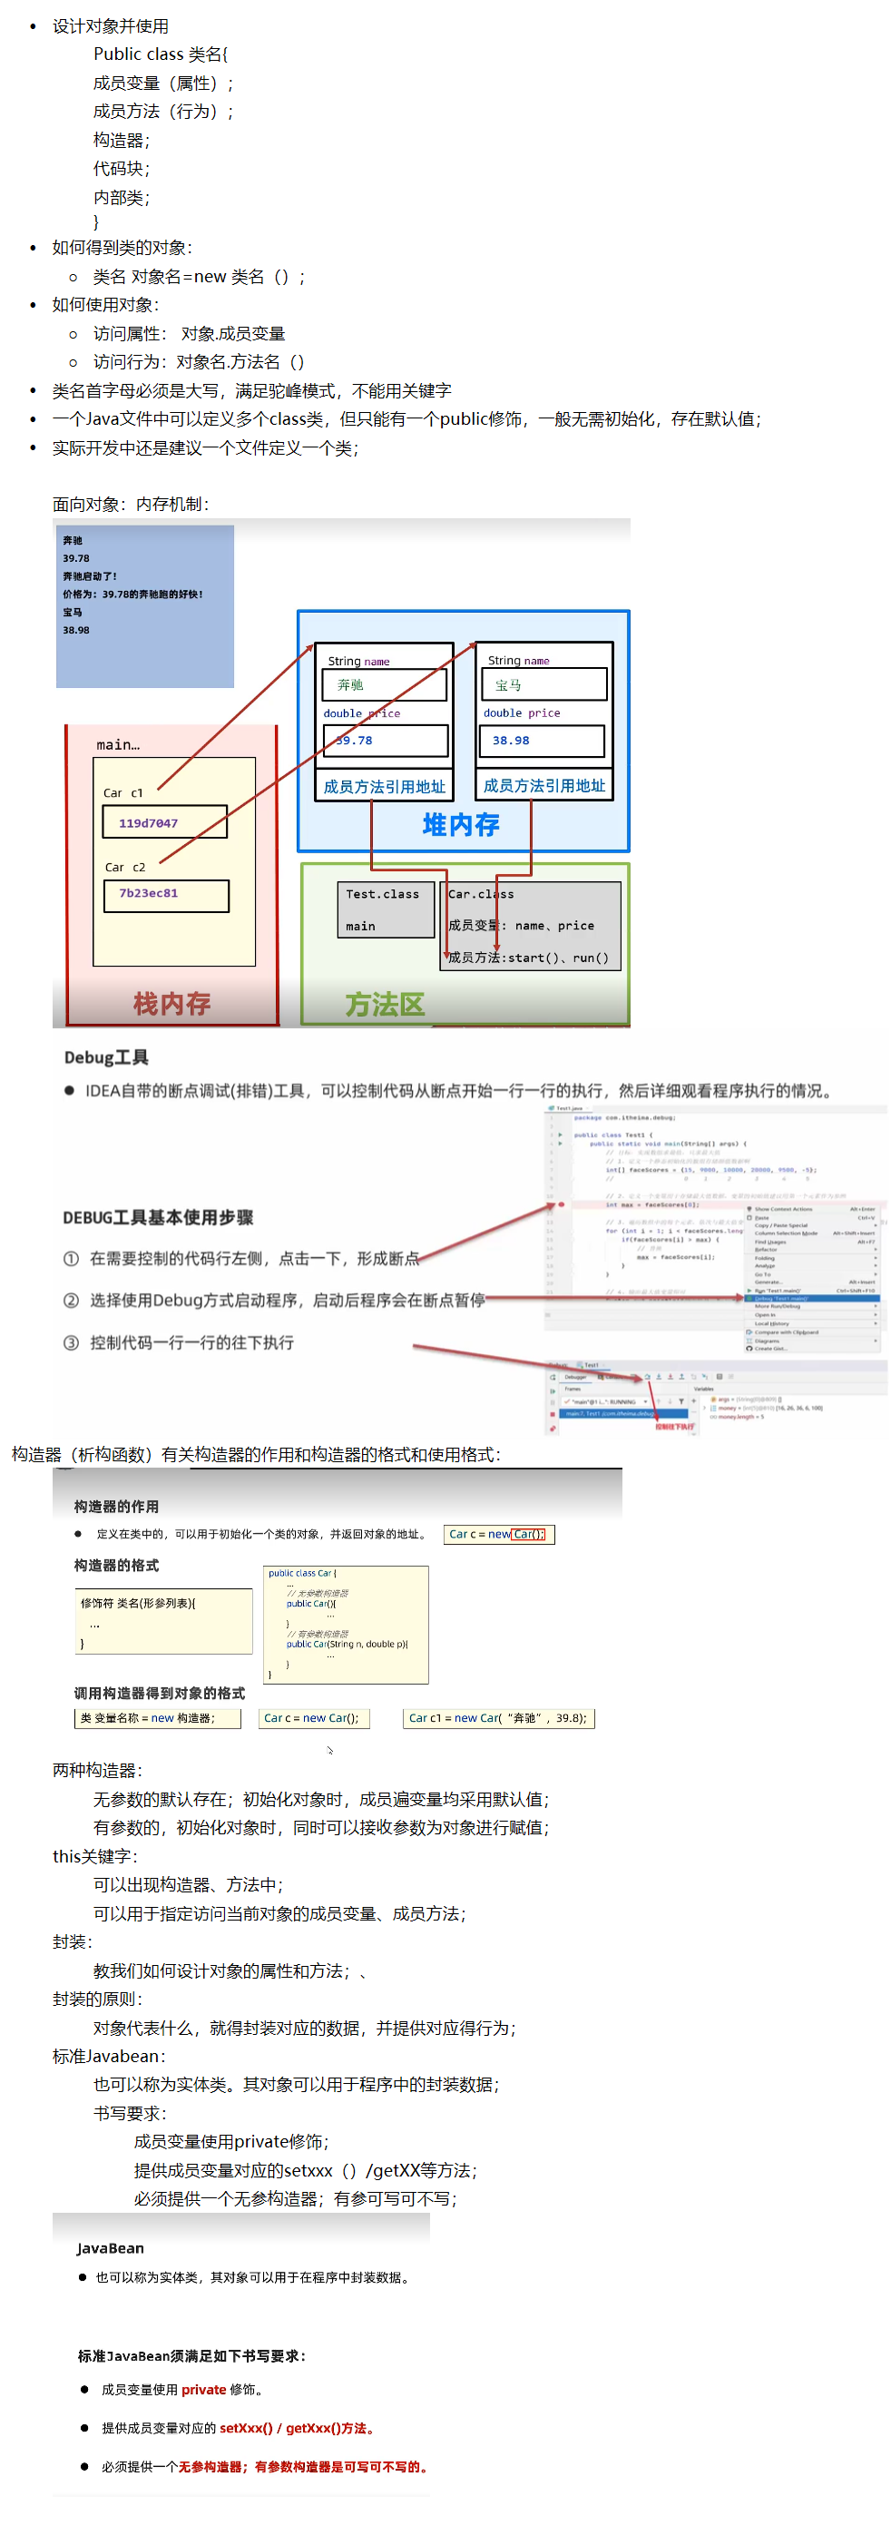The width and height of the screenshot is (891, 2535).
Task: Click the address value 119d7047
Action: pos(149,822)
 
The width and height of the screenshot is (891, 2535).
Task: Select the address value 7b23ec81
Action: pos(149,892)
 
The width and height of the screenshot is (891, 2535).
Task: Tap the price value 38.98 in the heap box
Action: pos(511,740)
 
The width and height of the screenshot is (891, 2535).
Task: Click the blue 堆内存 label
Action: pos(460,825)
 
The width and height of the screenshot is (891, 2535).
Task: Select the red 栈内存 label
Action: pos(172,1003)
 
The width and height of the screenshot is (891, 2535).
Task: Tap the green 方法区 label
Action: pos(385,1004)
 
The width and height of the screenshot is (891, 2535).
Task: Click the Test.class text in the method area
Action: pos(382,893)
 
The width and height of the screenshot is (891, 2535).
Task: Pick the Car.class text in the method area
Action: pos(481,893)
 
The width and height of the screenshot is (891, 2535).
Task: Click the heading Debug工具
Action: pos(106,1056)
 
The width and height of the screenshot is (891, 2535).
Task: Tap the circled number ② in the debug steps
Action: pos(71,1300)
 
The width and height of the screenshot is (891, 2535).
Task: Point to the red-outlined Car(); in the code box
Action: pos(528,1534)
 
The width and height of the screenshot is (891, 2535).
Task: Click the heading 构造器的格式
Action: pos(116,1565)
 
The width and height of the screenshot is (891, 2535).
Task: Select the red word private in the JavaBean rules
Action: pos(203,2388)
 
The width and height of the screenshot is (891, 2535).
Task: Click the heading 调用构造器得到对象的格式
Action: pos(160,1693)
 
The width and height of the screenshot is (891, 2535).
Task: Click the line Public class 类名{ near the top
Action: pos(161,54)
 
